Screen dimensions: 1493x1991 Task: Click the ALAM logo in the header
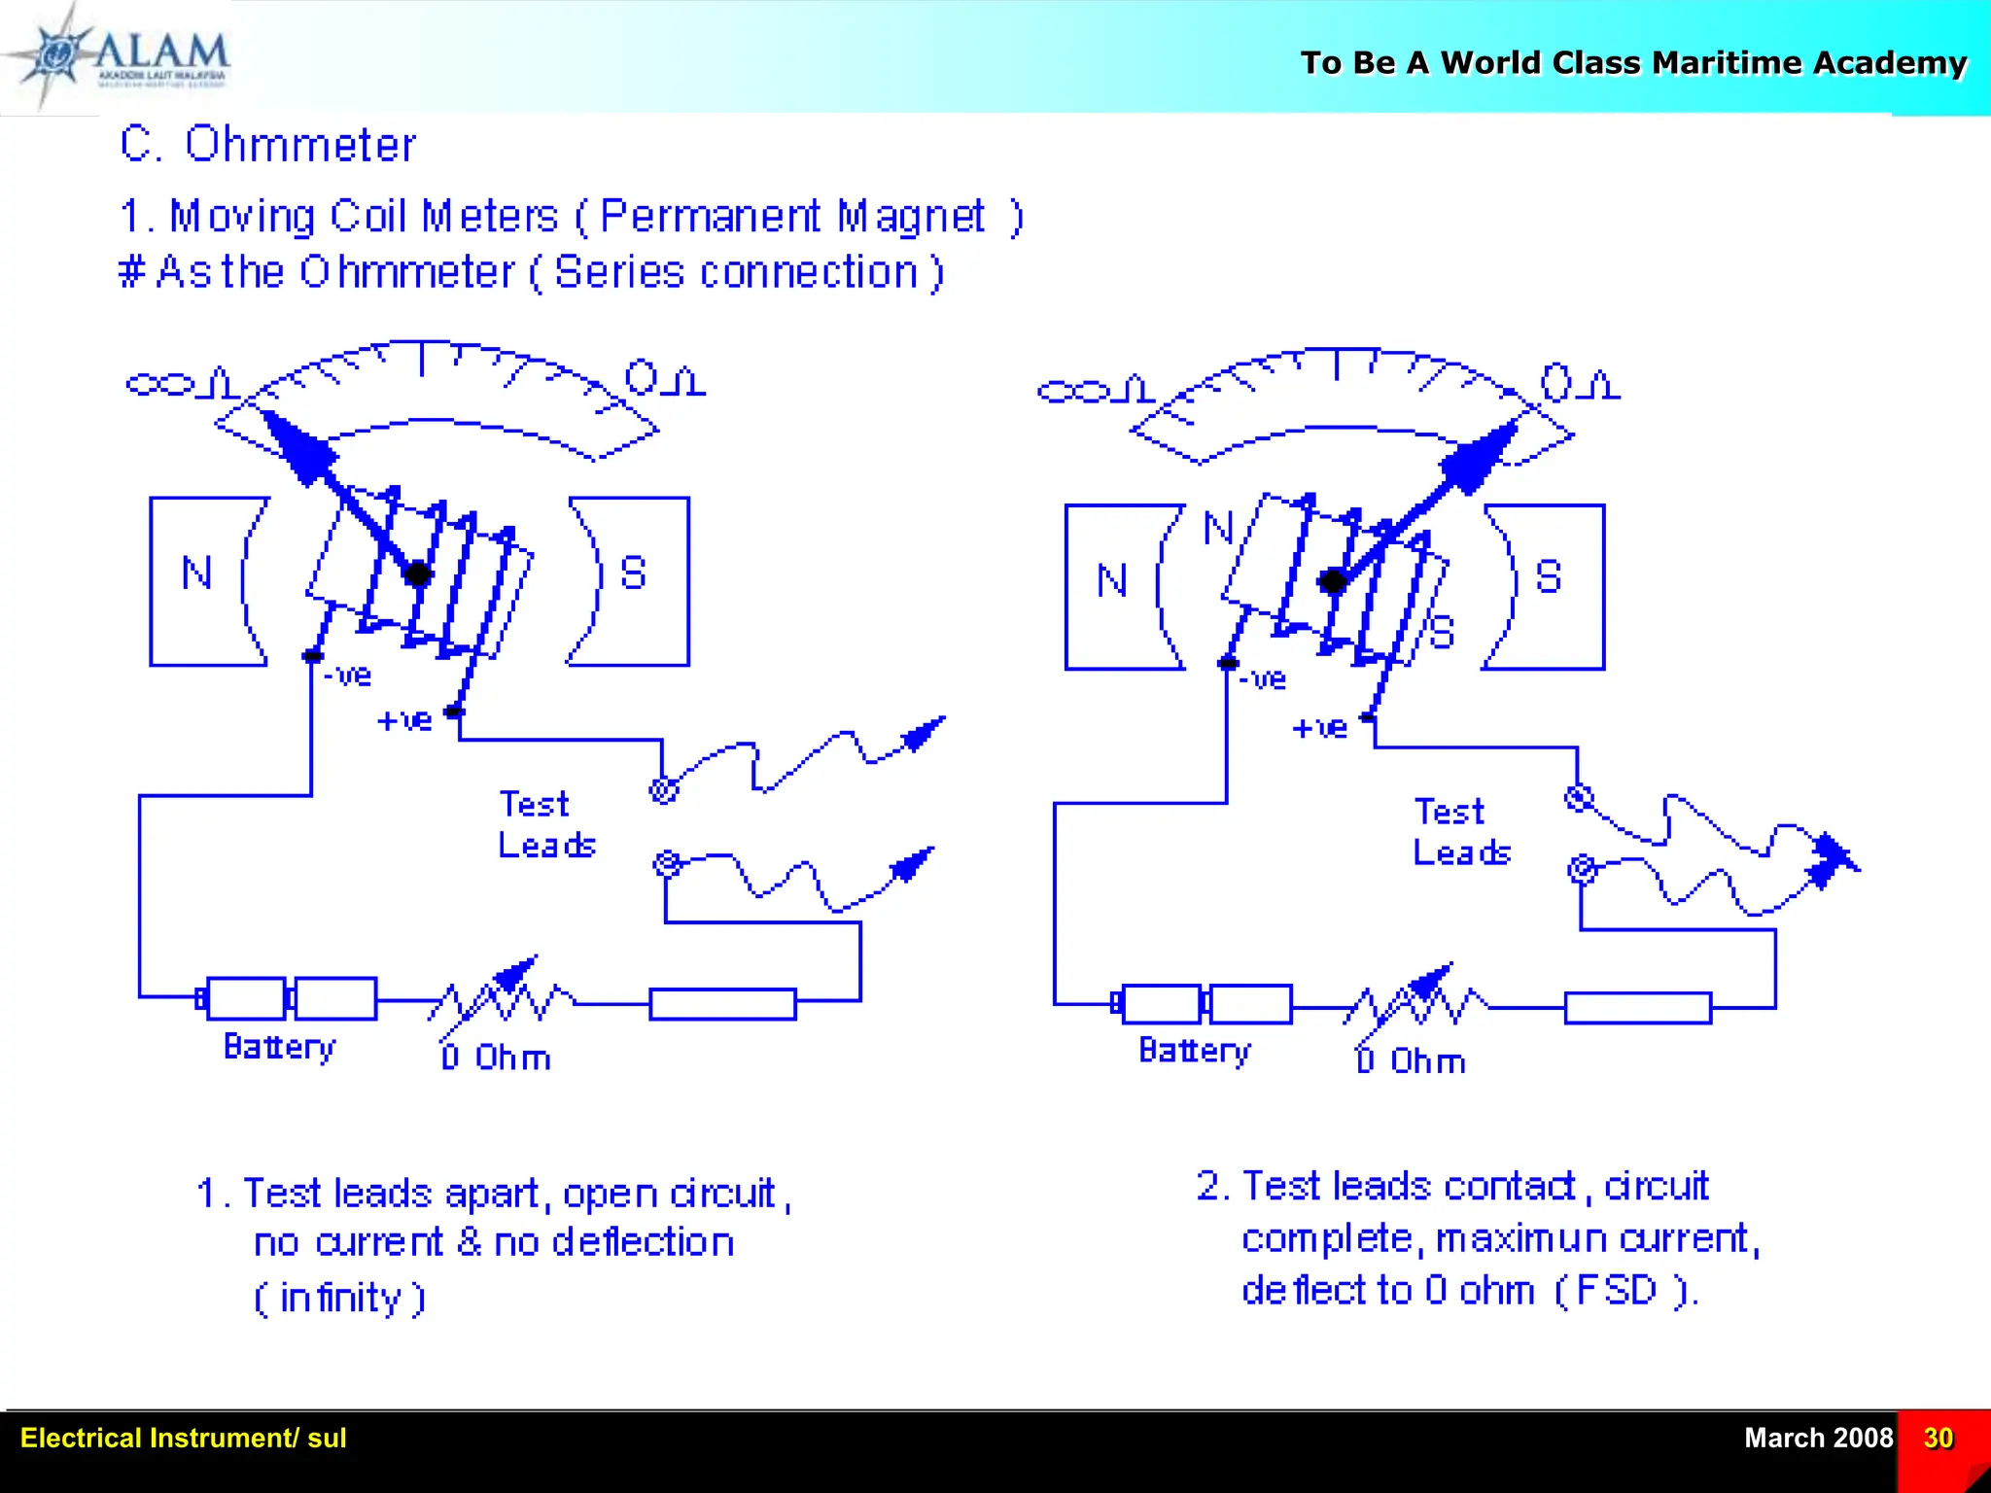[126, 56]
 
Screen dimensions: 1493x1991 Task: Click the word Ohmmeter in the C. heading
[300, 145]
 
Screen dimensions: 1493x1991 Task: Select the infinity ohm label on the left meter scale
[182, 383]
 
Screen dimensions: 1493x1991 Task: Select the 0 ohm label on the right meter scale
[1580, 384]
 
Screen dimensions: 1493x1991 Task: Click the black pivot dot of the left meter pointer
[418, 573]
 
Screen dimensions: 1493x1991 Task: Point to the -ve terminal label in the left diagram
[348, 675]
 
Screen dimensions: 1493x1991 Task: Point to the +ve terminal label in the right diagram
[1319, 728]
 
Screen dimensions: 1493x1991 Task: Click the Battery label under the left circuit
[279, 1047]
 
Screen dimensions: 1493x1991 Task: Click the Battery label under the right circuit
[1194, 1051]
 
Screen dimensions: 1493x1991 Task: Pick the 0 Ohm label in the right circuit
[1411, 1060]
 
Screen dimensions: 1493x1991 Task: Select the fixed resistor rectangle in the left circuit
[722, 1004]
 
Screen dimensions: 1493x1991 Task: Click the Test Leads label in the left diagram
[545, 824]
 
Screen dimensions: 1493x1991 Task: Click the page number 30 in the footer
[1938, 1438]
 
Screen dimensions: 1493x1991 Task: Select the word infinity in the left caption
[339, 1299]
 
